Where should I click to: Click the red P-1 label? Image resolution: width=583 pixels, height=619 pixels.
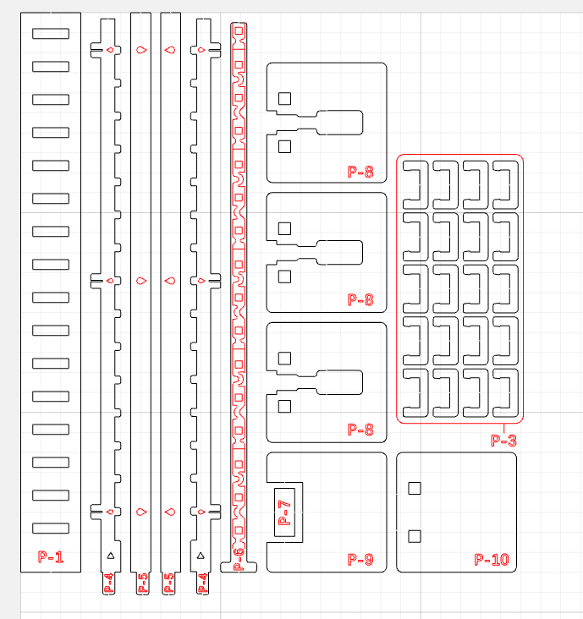click(x=51, y=556)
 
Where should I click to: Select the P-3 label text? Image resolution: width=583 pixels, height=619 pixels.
click(x=503, y=441)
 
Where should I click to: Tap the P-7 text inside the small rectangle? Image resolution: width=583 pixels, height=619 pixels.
click(x=285, y=512)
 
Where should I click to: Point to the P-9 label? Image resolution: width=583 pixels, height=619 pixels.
click(x=360, y=560)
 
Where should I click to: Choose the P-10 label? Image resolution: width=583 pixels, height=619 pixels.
click(x=492, y=560)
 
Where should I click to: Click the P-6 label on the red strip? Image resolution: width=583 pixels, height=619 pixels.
click(x=239, y=559)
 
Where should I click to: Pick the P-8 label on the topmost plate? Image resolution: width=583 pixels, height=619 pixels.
click(x=360, y=172)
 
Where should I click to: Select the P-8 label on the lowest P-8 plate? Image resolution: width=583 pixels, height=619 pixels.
click(x=360, y=430)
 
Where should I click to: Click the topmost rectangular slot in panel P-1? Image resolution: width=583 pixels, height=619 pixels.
click(x=51, y=34)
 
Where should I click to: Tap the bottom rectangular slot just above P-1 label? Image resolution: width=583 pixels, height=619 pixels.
click(x=51, y=529)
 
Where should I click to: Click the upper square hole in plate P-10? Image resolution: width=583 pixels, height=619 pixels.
click(x=415, y=488)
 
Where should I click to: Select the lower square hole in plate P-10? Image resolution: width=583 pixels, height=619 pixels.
click(x=415, y=536)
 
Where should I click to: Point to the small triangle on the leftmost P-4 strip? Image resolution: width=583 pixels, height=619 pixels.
click(x=111, y=556)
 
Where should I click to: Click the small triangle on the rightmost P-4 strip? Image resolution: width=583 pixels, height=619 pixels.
click(x=201, y=556)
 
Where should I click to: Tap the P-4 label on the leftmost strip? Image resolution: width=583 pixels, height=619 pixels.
click(x=109, y=583)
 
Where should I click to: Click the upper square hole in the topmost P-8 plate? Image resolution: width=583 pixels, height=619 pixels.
click(x=285, y=99)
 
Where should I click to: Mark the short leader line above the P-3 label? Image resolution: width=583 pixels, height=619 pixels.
click(x=504, y=428)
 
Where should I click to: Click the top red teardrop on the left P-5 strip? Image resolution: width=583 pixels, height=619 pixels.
click(x=141, y=50)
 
